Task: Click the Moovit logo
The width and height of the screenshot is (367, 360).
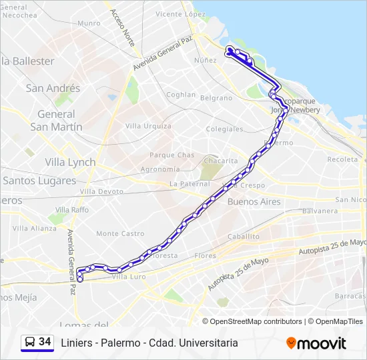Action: click(x=316, y=343)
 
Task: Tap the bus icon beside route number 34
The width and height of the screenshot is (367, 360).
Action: click(x=29, y=343)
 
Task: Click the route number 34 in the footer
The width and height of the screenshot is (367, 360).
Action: click(x=45, y=342)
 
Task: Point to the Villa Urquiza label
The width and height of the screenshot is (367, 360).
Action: click(x=148, y=126)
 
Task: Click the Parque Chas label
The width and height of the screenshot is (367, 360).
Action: click(x=171, y=155)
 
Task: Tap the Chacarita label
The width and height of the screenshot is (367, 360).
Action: click(x=220, y=161)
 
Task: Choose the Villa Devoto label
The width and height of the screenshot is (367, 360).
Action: click(x=101, y=191)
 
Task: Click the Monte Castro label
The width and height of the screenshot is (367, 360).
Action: click(x=120, y=233)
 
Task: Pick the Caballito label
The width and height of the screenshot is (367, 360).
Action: click(x=243, y=236)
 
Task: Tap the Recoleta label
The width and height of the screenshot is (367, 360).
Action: click(x=342, y=159)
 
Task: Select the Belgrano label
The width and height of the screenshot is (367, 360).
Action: click(x=216, y=97)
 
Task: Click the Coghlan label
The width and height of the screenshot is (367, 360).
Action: click(x=181, y=95)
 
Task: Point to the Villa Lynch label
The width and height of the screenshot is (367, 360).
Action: click(x=70, y=162)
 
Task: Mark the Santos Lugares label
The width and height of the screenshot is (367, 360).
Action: click(x=39, y=181)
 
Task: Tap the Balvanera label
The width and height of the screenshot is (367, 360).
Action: click(x=320, y=211)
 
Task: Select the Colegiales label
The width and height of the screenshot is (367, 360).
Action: click(x=225, y=129)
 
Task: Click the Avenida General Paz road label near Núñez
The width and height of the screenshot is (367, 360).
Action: click(x=162, y=54)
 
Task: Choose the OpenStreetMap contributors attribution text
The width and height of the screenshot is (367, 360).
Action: click(x=256, y=321)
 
